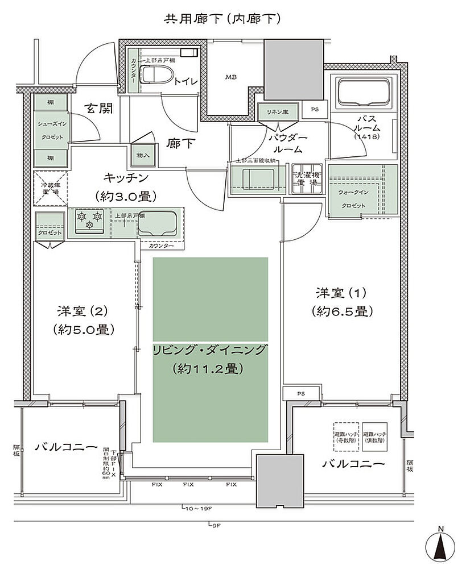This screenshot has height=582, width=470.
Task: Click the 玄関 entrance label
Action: point(98,108)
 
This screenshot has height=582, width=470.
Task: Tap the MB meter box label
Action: point(231,77)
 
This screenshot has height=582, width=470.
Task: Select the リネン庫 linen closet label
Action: point(278,111)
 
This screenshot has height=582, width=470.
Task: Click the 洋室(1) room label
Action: point(341,293)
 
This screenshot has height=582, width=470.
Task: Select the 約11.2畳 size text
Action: point(209,368)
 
